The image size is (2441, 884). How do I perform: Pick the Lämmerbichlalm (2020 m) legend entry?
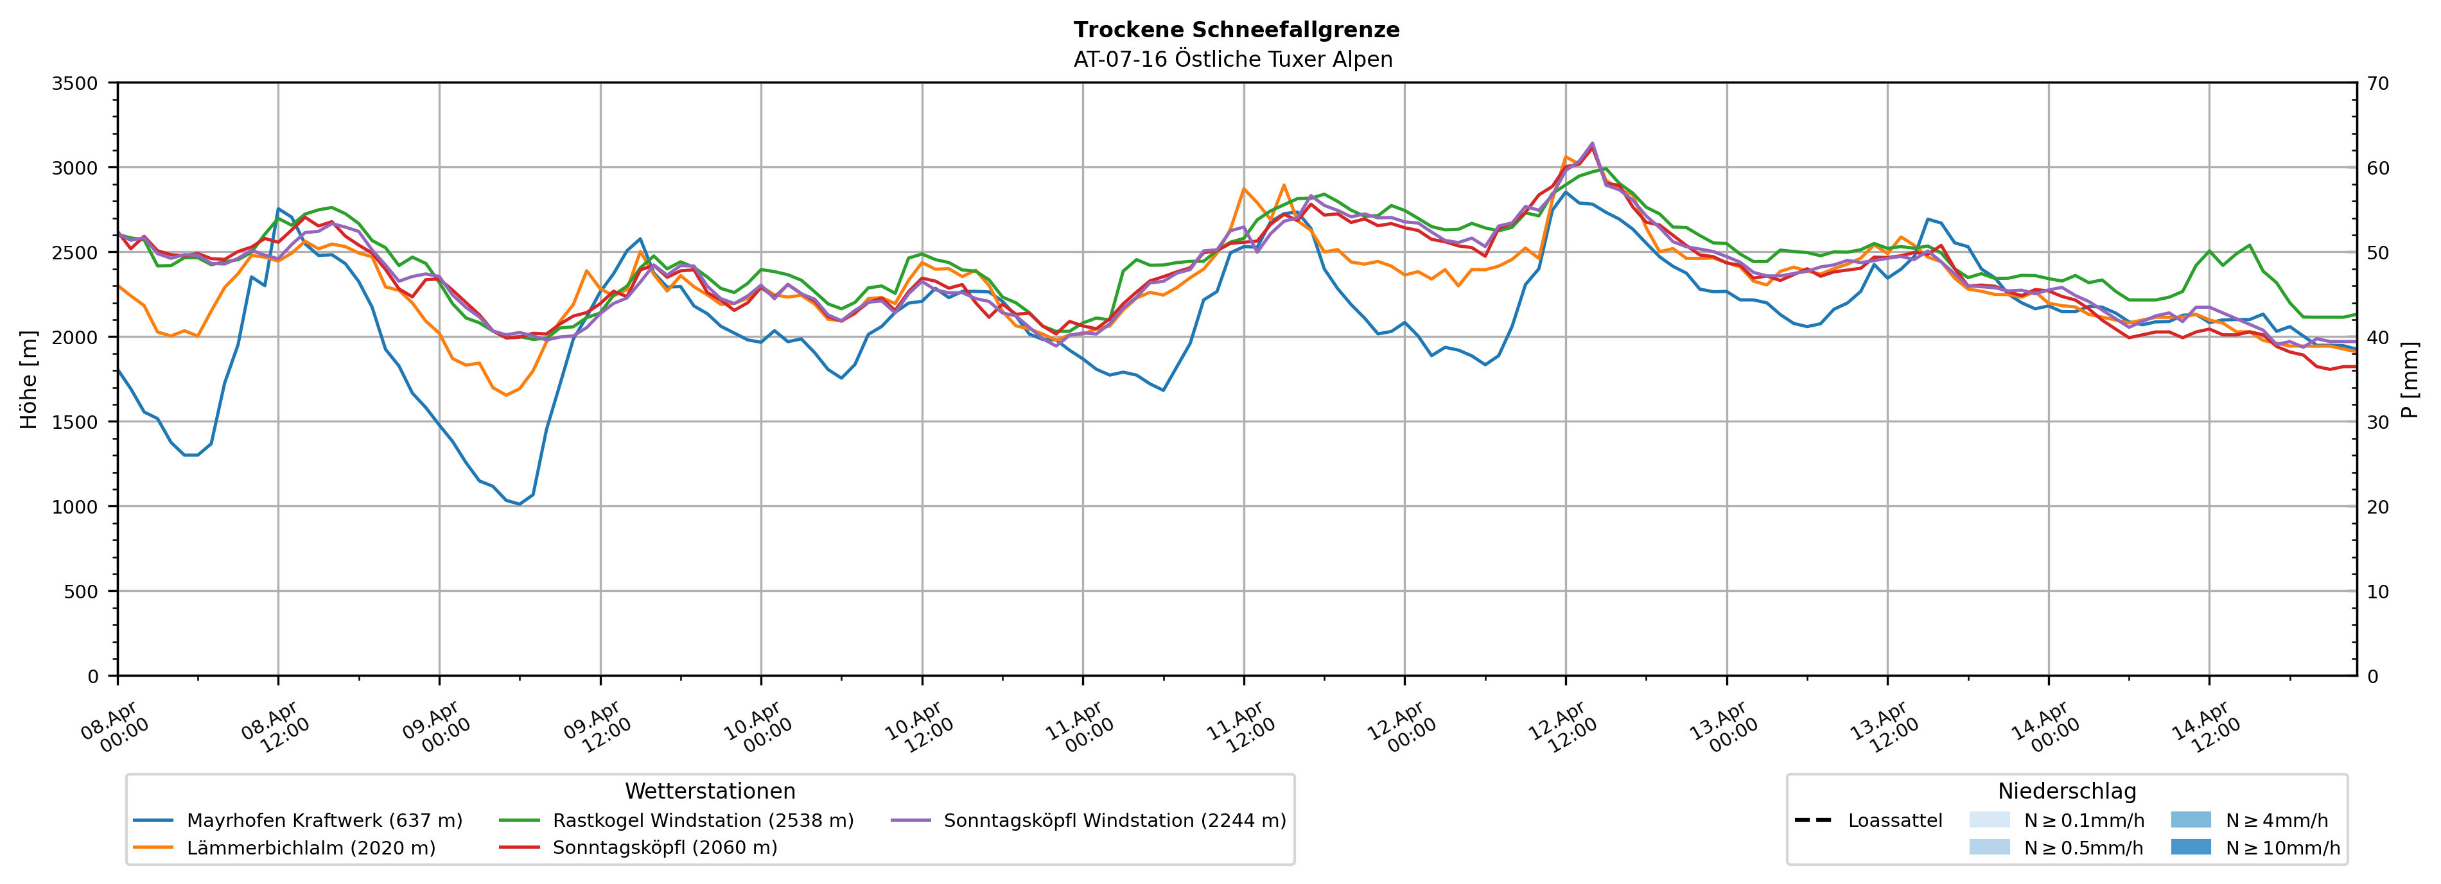point(311,848)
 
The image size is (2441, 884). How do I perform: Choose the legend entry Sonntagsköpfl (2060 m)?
point(664,848)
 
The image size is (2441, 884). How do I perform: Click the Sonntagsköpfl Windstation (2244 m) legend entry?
point(1114,820)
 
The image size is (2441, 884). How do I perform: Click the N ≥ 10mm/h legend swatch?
point(2191,847)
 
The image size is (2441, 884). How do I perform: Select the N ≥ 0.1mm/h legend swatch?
point(1989,820)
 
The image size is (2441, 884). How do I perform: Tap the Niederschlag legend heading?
point(2067,791)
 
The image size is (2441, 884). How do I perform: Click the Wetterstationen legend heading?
point(710,791)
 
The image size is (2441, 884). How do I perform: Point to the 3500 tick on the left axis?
point(75,83)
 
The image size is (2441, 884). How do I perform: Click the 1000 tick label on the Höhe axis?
point(75,507)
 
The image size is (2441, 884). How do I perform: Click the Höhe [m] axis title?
point(28,379)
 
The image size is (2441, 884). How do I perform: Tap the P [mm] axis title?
point(2411,379)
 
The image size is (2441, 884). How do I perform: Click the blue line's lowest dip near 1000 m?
point(520,504)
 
